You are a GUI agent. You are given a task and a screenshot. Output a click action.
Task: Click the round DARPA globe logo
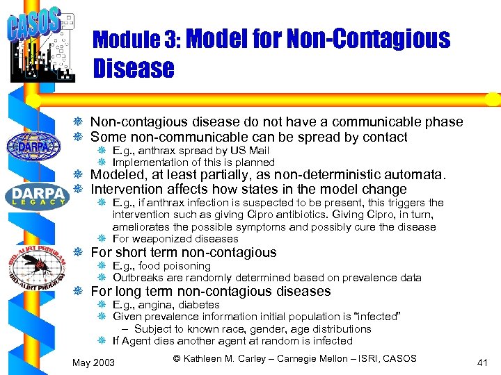click(x=33, y=147)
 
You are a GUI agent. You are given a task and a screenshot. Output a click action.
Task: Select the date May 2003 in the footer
click(x=94, y=362)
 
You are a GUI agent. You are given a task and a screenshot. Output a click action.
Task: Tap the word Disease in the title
click(x=133, y=68)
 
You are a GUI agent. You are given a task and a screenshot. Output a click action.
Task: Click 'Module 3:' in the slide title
click(x=136, y=39)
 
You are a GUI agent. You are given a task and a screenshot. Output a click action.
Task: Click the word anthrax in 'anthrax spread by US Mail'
click(x=159, y=151)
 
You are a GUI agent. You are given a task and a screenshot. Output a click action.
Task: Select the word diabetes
click(x=200, y=305)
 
